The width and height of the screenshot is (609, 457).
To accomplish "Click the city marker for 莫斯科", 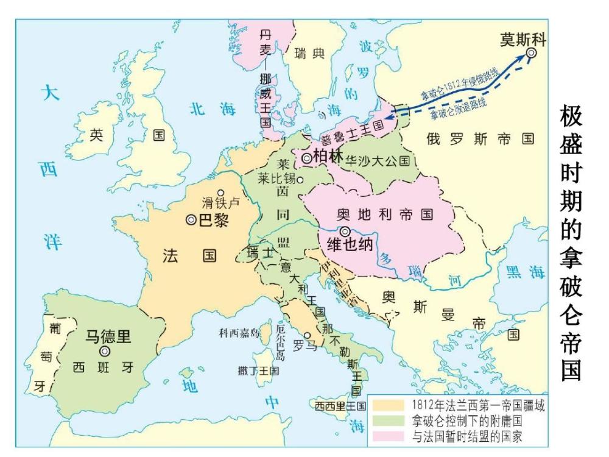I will [531, 54].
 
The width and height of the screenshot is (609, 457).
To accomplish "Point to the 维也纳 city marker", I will [345, 232].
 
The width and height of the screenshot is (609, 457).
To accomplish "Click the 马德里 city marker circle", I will [105, 352].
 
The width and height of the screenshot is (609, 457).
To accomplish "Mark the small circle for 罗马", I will [308, 335].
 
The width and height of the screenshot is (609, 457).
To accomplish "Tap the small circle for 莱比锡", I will [300, 180].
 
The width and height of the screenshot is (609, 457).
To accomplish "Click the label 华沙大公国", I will [378, 161].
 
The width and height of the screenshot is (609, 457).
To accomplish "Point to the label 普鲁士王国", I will [353, 131].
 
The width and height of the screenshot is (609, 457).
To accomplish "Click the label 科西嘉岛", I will [239, 333].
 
